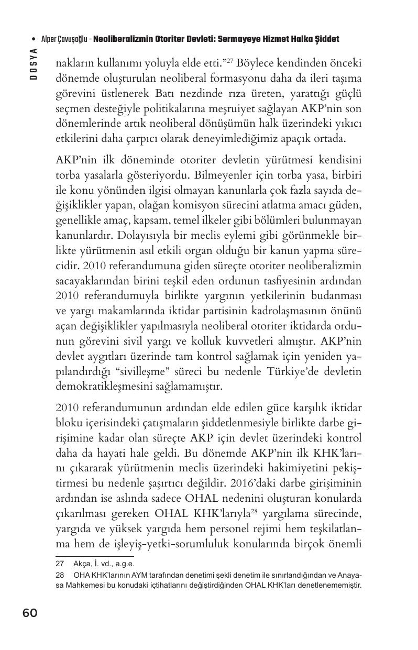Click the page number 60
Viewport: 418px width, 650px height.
[30, 613]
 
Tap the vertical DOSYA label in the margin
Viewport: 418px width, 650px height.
[34, 63]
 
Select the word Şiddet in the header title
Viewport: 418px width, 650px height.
[325, 39]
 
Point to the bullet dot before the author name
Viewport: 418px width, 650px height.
[34, 39]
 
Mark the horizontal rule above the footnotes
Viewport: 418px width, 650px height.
[94, 556]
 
